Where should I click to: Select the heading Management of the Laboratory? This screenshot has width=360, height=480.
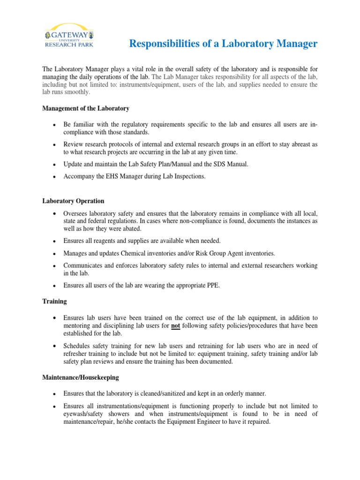(x=86, y=108)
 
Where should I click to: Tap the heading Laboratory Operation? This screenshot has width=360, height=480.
(x=73, y=201)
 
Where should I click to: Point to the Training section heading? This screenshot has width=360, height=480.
(x=54, y=301)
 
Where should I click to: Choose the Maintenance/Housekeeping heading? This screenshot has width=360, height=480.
(x=80, y=377)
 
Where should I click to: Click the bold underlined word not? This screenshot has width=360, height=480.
(x=176, y=325)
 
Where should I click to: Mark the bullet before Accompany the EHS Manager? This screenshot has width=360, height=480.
(x=55, y=177)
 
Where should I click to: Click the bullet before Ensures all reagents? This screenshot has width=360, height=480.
(x=55, y=241)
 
